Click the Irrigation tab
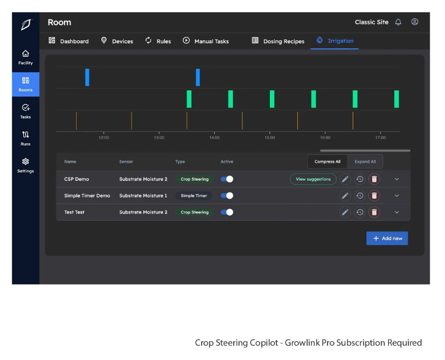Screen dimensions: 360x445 click(335, 41)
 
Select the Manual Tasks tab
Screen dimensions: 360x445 click(206, 41)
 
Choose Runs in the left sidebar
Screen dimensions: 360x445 click(25, 138)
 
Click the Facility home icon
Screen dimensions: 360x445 click(25, 57)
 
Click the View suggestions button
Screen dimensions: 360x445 click(313, 179)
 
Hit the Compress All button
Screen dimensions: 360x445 click(327, 162)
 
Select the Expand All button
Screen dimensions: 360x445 click(365, 162)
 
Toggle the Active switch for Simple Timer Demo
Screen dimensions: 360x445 click(227, 196)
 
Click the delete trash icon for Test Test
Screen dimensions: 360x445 click(374, 212)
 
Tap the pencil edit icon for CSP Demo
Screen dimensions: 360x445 click(345, 179)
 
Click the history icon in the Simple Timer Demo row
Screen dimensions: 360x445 click(360, 196)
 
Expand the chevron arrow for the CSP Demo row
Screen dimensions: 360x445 click(397, 179)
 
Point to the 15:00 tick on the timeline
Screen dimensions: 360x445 click(270, 137)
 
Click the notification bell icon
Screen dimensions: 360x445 click(398, 23)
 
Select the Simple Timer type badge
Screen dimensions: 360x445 click(193, 196)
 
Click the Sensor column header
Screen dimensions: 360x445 click(126, 162)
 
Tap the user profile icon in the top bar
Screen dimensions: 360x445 click(415, 22)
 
